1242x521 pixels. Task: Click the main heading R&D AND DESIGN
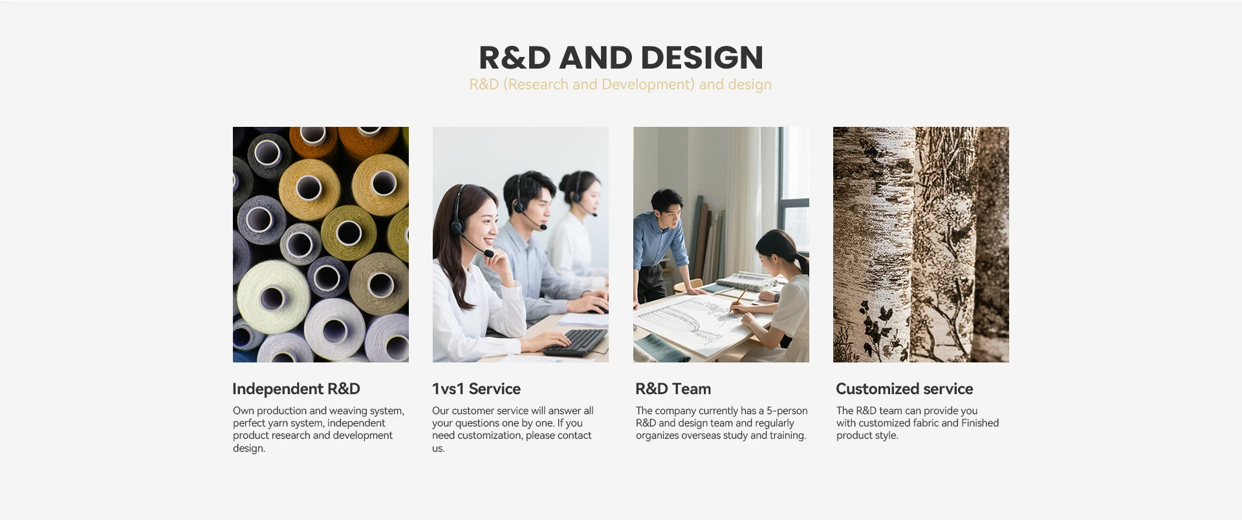(x=621, y=58)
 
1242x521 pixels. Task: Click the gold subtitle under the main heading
(x=620, y=85)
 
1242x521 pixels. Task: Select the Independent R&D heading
(x=296, y=389)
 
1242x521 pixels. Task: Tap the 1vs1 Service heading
(x=476, y=389)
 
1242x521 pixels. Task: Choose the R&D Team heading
(x=673, y=389)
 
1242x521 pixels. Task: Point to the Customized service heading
(x=904, y=389)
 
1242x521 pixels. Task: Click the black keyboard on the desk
(x=575, y=342)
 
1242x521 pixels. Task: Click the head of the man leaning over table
(x=666, y=206)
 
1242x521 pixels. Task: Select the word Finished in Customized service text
(x=980, y=423)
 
